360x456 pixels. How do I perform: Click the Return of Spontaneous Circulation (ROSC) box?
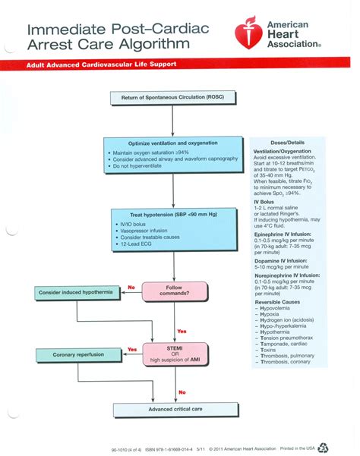(174, 97)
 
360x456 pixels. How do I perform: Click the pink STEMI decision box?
(174, 354)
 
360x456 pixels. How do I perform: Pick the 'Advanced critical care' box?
(174, 410)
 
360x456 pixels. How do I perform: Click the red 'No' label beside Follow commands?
(131, 288)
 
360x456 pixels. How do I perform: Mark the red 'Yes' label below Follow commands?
(182, 332)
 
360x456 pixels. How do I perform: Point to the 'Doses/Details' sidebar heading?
(287, 143)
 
